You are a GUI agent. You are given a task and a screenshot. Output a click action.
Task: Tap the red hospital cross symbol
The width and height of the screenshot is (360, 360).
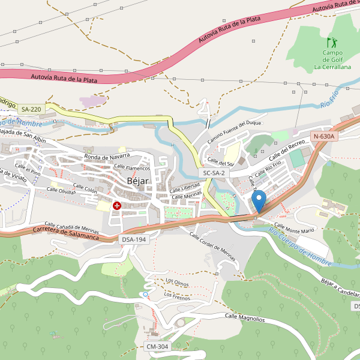(116, 206)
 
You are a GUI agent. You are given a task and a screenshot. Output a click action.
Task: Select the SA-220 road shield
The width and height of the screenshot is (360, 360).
(31, 109)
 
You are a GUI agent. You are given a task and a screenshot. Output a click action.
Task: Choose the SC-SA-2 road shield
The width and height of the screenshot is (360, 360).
(214, 173)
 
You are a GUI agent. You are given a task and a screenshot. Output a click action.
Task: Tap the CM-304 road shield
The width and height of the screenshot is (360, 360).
(157, 347)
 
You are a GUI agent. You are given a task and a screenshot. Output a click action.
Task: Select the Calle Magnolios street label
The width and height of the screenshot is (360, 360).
(245, 317)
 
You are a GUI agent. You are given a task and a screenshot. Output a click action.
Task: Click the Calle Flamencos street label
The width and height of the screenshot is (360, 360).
(131, 168)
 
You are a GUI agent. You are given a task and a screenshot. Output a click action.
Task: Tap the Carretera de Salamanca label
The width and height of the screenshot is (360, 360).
(66, 233)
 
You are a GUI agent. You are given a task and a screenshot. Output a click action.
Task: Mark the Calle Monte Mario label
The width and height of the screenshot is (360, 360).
(295, 227)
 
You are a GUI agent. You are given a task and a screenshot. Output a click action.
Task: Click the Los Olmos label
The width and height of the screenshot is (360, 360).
(177, 281)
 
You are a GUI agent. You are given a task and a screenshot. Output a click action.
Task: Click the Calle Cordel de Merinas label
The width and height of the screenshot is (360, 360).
(212, 249)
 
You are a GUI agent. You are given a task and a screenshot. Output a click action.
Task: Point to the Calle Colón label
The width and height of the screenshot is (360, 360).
(85, 188)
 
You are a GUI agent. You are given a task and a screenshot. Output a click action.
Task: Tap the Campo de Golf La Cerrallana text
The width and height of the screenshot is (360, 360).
(332, 60)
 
